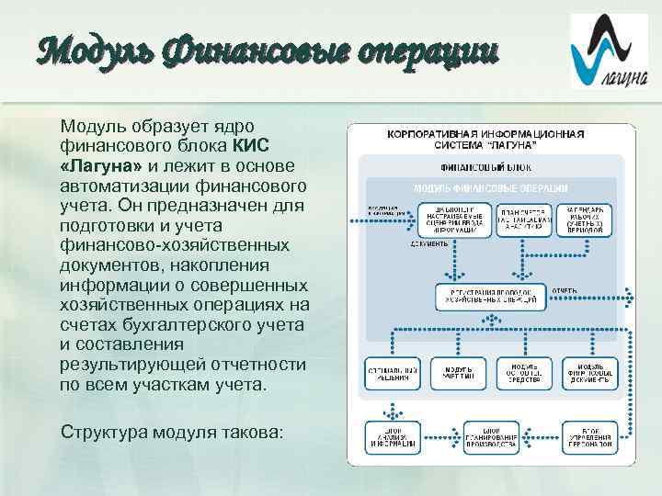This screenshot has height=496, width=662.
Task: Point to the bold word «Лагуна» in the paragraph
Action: pos(101,164)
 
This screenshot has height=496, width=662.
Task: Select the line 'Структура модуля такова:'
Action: pos(172,432)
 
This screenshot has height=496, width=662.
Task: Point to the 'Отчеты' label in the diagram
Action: pos(565,290)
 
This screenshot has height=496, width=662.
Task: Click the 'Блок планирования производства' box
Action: pos(488,438)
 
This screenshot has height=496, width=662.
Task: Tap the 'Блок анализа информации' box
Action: pos(392,438)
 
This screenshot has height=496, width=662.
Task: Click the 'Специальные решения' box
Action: pos(392,374)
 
